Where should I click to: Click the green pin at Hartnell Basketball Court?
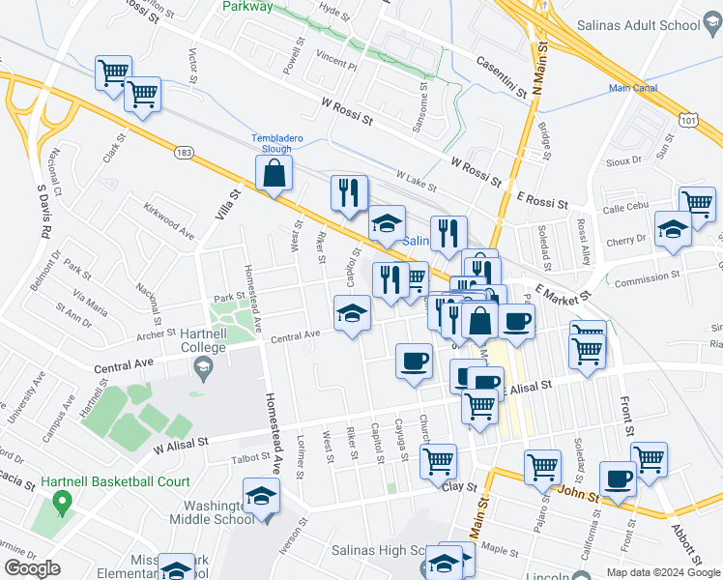[64, 503]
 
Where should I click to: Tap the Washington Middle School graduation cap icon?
[260, 496]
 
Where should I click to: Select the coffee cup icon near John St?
[618, 478]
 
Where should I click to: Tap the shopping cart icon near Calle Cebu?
[697, 203]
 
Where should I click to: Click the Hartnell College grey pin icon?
[203, 364]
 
